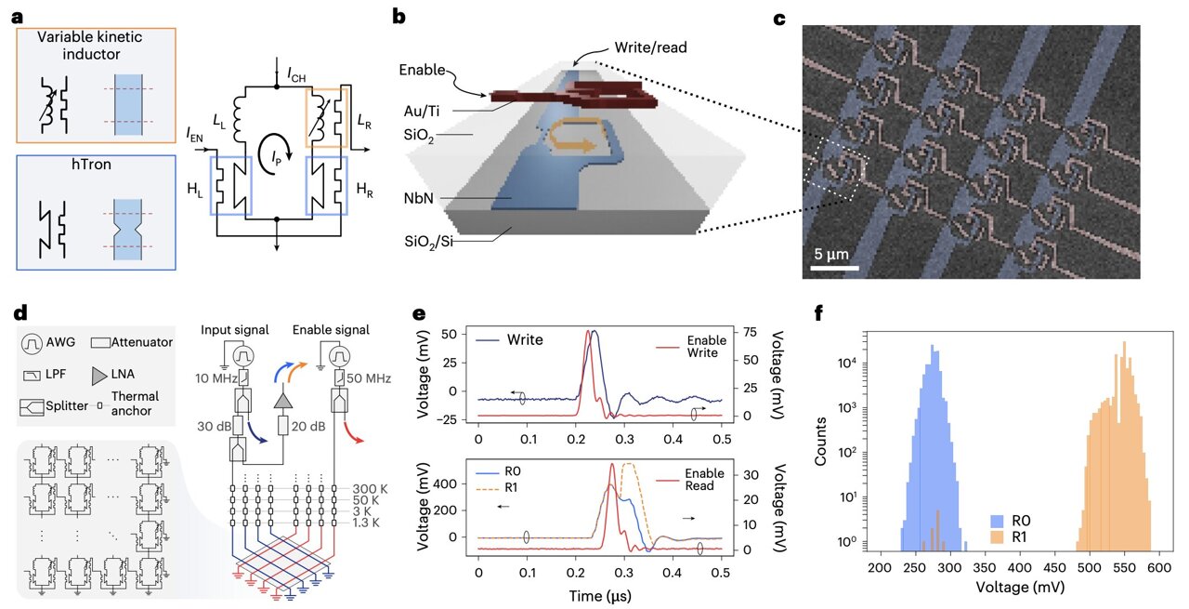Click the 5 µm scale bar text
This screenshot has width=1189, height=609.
click(826, 253)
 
